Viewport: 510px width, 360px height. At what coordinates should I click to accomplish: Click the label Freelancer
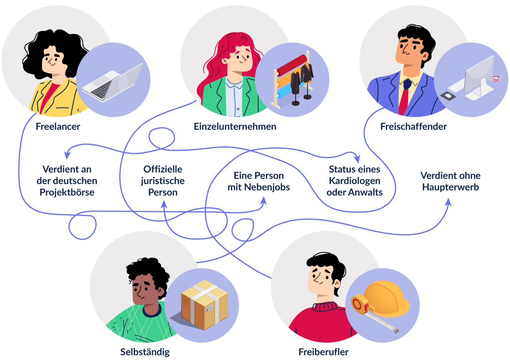coord(58,127)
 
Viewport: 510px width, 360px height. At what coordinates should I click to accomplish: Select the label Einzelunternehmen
coord(235,127)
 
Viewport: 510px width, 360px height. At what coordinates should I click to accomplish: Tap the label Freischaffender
coord(414,127)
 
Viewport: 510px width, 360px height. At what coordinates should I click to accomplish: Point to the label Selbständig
coord(145,352)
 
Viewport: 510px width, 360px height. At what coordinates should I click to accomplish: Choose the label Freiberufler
coord(323,352)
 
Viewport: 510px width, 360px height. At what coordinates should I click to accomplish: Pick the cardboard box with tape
coord(204,305)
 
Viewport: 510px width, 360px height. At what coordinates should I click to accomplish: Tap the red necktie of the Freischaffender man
coord(404,100)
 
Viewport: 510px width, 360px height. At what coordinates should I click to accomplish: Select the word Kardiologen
coord(355,181)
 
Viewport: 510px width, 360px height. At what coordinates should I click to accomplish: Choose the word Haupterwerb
coord(450,186)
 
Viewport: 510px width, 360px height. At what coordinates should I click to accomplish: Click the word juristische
coord(163,181)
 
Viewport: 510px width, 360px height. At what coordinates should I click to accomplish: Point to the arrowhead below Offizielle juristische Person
coord(164,204)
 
